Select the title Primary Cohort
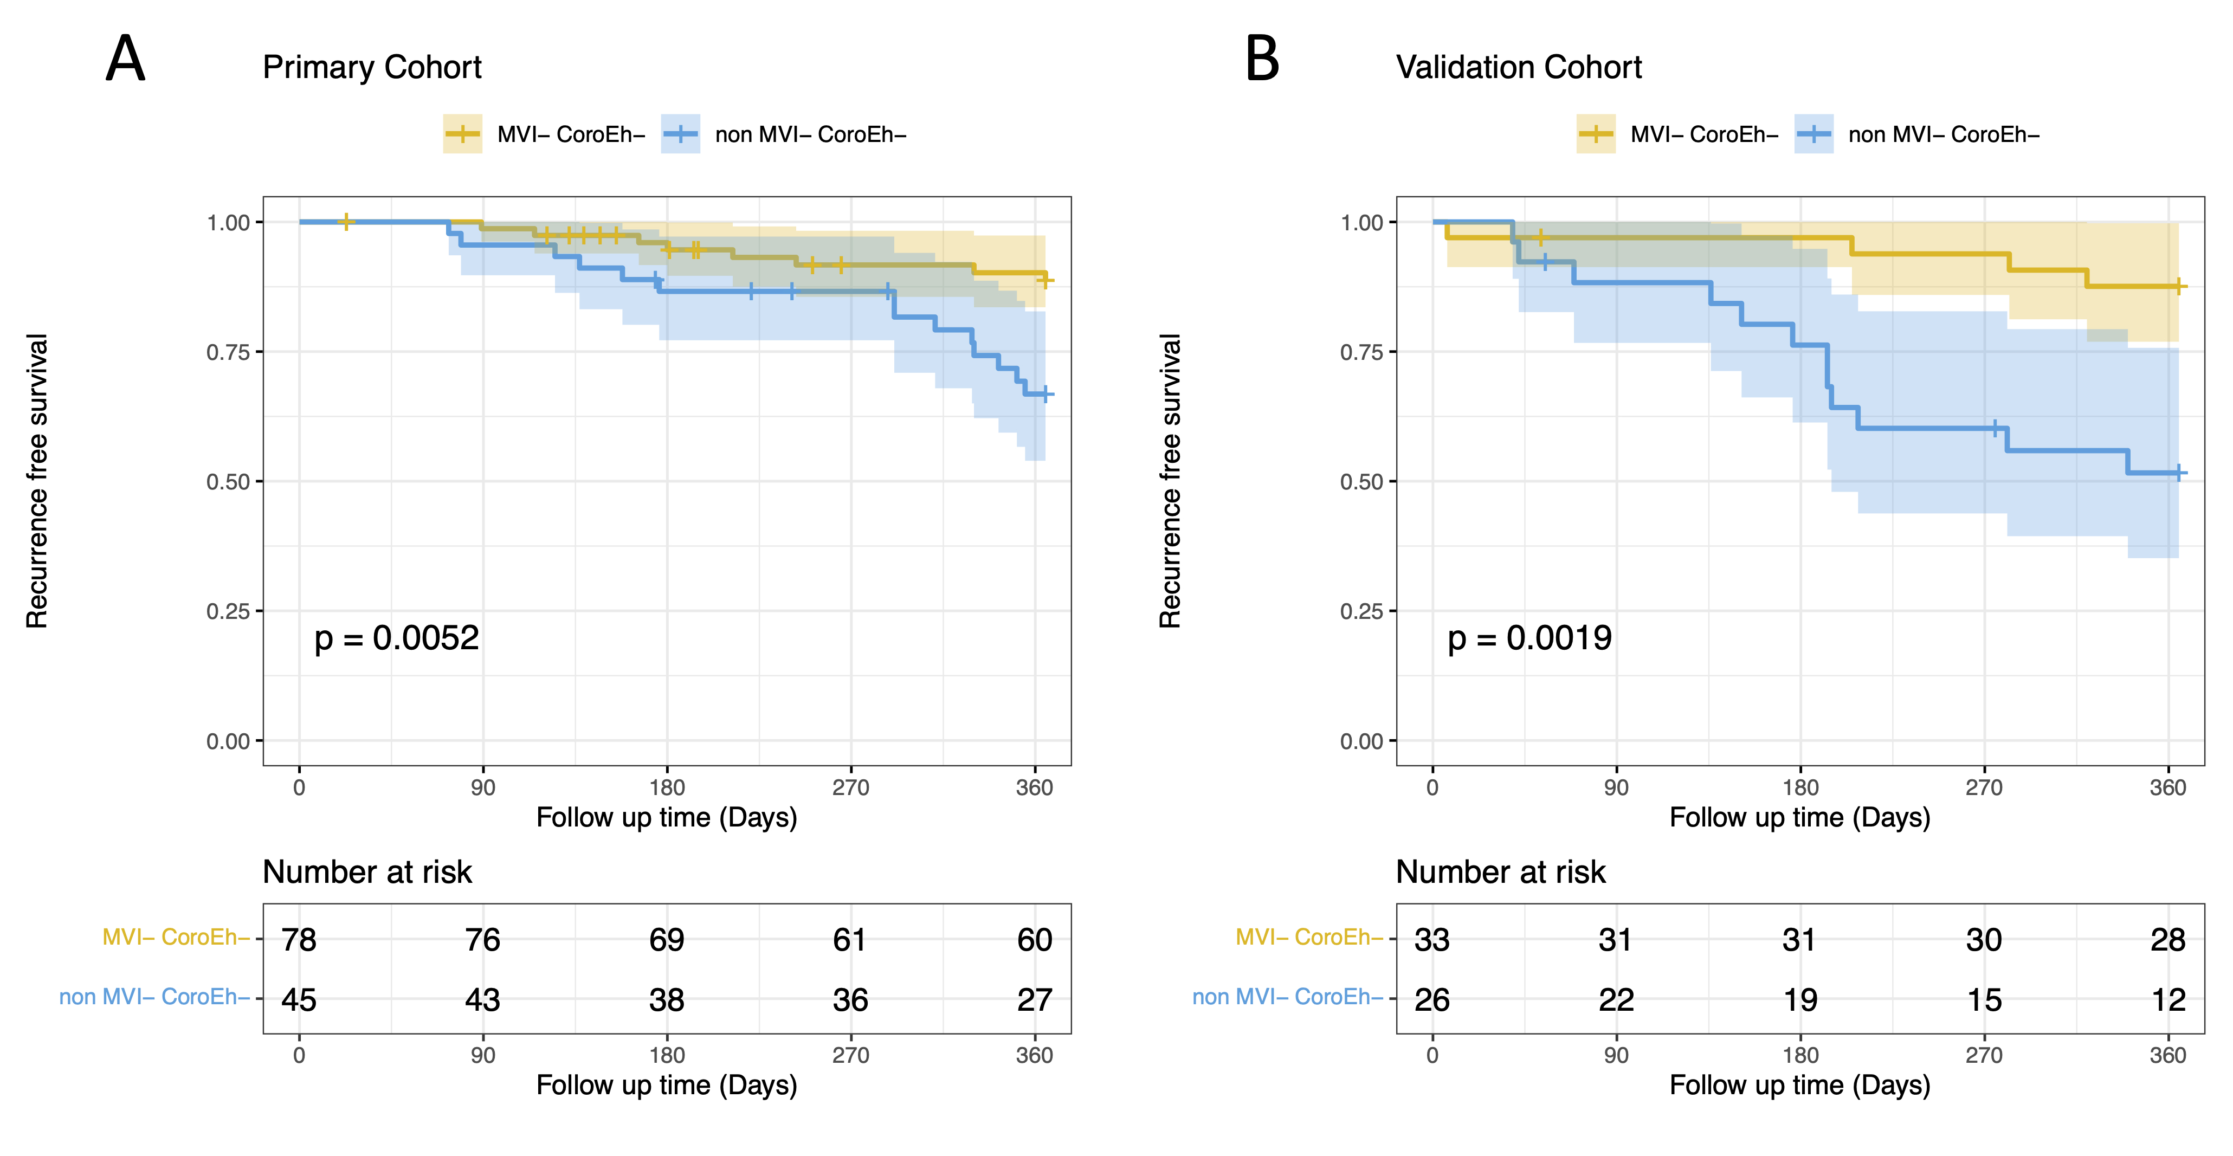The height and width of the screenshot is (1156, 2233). (372, 68)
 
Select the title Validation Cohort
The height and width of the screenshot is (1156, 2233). (1519, 68)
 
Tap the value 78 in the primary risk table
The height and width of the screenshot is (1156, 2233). (299, 939)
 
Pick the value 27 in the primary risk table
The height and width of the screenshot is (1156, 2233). (1034, 1000)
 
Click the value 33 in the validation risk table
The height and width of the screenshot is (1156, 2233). (1432, 939)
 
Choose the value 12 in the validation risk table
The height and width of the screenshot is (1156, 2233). (2168, 1000)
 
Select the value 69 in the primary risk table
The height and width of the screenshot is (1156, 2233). (667, 939)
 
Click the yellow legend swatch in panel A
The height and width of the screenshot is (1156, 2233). (463, 134)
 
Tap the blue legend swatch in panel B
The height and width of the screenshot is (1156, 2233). (1813, 134)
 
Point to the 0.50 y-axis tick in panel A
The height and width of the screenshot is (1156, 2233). (228, 482)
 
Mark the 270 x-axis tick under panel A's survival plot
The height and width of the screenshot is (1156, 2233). (850, 787)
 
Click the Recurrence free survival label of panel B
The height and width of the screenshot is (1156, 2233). (1170, 481)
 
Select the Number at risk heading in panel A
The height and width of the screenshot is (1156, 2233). (367, 872)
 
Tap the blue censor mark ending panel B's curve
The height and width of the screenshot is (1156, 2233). (2178, 473)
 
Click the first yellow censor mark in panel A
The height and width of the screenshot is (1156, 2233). (346, 222)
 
